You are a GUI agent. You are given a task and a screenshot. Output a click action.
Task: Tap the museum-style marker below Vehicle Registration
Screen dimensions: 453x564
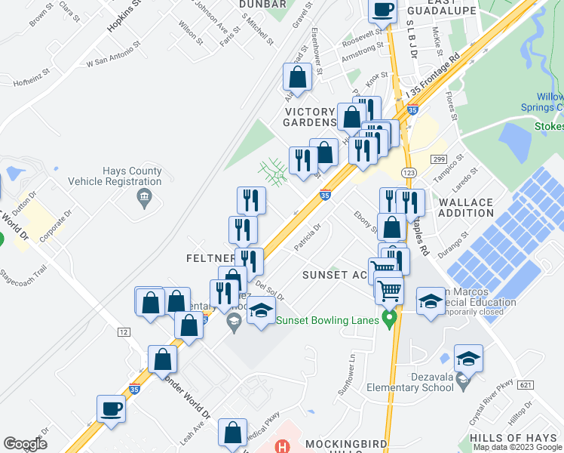click(x=143, y=199)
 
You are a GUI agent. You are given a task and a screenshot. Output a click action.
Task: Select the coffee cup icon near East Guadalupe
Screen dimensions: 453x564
click(x=382, y=10)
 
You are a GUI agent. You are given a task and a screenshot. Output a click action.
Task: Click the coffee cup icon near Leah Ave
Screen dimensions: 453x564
click(x=111, y=409)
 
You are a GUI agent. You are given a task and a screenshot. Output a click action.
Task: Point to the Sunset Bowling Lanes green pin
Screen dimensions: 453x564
click(x=389, y=319)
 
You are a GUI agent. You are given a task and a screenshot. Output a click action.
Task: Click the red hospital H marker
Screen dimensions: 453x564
click(x=283, y=446)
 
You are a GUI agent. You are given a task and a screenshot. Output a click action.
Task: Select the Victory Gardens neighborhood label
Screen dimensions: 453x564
click(x=310, y=116)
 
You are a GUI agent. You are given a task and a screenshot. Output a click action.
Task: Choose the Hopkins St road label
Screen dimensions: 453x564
click(x=124, y=15)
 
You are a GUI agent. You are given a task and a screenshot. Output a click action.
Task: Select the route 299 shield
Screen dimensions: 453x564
click(x=440, y=159)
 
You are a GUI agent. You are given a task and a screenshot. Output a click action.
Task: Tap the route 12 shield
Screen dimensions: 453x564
click(x=123, y=332)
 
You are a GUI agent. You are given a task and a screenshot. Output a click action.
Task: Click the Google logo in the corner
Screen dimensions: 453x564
click(x=26, y=444)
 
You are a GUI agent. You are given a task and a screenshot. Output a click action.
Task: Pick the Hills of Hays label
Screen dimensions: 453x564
click(x=512, y=438)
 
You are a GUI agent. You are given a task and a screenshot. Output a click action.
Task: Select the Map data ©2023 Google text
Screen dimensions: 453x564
click(x=516, y=447)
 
